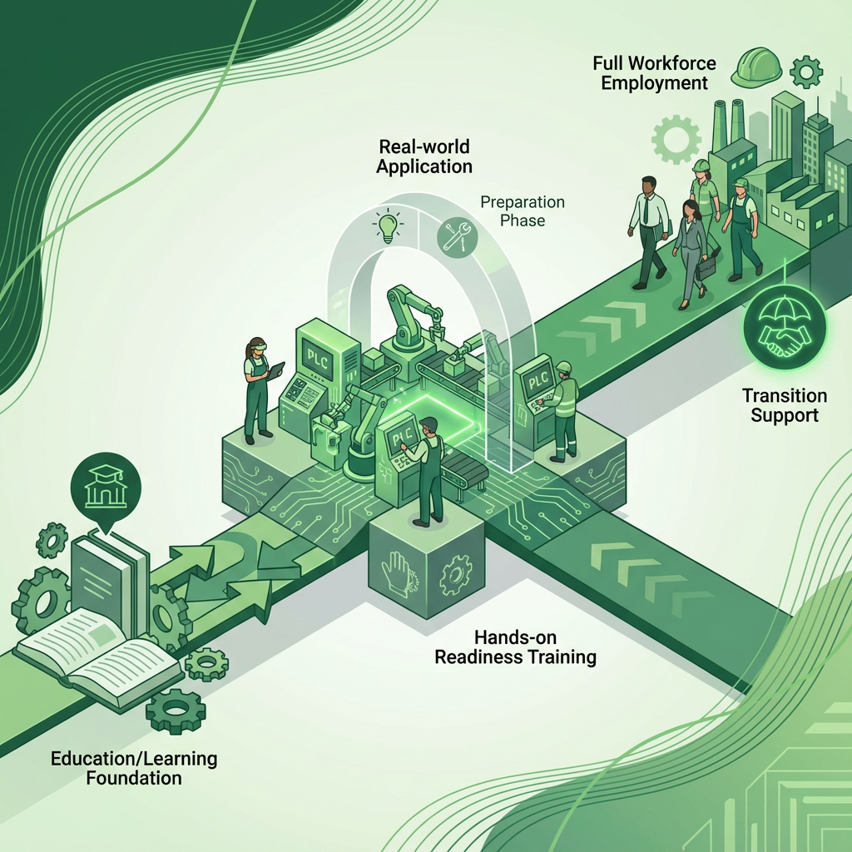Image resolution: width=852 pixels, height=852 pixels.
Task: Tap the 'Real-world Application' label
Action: pos(424,156)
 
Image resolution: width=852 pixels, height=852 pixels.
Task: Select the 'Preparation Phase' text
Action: pos(523,211)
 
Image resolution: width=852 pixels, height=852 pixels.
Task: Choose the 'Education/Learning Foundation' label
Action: pos(134,768)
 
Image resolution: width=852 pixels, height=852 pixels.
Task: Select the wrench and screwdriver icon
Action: pos(454,234)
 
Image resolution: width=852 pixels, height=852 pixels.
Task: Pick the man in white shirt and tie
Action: pos(649,230)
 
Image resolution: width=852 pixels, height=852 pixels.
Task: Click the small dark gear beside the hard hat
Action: pos(805,72)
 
